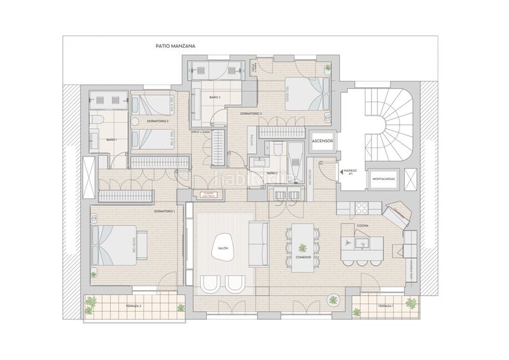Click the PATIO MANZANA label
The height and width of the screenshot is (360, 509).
[x=175, y=46]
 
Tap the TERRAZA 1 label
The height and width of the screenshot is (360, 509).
[x=385, y=306]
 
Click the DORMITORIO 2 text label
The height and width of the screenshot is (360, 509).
[x=157, y=120]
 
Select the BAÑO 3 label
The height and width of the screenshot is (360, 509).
[x=214, y=97]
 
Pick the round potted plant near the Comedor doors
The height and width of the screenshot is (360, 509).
[x=333, y=300]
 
